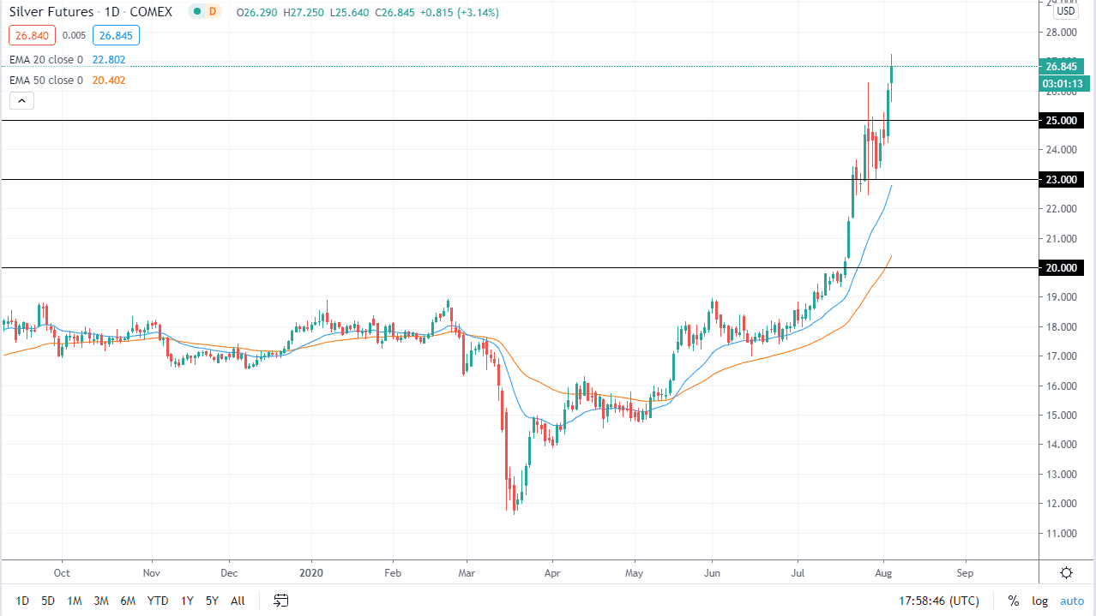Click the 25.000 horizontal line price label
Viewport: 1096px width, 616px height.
(1062, 121)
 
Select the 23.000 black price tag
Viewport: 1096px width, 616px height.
(1062, 179)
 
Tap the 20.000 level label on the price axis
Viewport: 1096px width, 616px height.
(1062, 268)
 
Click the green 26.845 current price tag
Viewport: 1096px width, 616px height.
(1062, 67)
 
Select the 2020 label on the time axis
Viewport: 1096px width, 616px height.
(312, 572)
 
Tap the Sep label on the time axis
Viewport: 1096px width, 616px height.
(965, 572)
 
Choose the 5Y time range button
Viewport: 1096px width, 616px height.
(212, 601)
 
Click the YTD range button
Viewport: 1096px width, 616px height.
(157, 601)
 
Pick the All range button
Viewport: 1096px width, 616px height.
(238, 601)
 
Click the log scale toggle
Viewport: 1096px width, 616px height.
(1039, 601)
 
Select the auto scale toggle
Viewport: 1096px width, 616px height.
(1072, 601)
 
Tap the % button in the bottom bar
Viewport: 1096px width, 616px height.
(1013, 601)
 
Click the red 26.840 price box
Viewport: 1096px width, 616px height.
(32, 35)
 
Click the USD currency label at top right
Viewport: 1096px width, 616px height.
(1066, 11)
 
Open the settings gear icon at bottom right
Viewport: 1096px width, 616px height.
(1066, 572)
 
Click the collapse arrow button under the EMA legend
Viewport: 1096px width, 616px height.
(21, 100)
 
